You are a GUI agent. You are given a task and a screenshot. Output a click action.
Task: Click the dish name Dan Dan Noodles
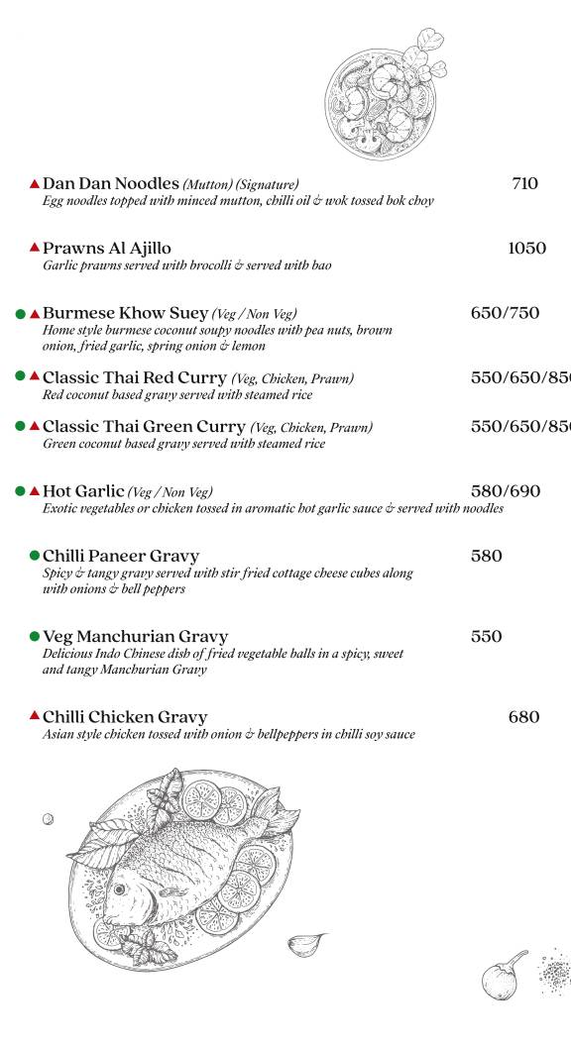coord(110,183)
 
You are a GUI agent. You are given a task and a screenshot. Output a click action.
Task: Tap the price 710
coord(524,183)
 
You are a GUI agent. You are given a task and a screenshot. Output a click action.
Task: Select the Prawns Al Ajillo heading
coord(107,248)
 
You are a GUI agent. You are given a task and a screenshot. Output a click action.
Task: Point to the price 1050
coord(526,248)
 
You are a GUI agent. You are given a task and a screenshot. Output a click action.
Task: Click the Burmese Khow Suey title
coord(126,313)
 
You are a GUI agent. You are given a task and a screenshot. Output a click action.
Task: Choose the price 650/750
coord(505,313)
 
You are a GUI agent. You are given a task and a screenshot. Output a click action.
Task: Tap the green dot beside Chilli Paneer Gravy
coord(35,556)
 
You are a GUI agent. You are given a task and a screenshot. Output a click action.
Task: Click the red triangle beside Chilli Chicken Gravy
coord(35,715)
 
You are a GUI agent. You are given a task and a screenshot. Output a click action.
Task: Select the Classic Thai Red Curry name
coord(135,377)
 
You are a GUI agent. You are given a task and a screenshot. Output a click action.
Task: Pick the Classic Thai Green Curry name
coord(144,426)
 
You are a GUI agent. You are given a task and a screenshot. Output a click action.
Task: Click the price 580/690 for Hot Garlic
coord(505,490)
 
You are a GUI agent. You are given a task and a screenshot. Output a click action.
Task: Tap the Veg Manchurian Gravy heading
coord(135,636)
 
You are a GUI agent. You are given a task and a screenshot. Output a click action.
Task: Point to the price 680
coord(523,716)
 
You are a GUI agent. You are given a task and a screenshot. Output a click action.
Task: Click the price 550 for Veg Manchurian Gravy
coord(486,636)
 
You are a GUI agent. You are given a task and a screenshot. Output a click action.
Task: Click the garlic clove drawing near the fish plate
coord(305,944)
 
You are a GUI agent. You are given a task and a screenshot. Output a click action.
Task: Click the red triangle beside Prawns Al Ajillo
coord(35,247)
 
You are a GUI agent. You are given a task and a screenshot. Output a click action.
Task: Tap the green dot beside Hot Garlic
coord(20,490)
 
